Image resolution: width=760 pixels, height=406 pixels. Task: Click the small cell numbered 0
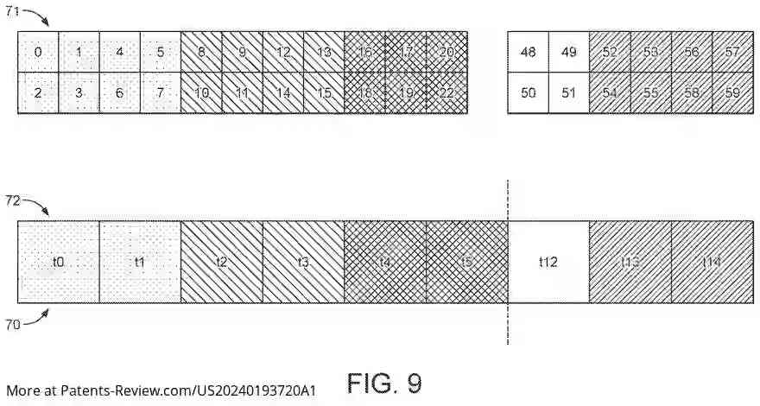click(38, 53)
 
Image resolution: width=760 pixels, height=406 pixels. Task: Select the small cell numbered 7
click(160, 93)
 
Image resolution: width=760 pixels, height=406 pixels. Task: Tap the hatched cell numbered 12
click(283, 53)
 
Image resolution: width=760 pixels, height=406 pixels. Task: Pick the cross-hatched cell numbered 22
click(446, 93)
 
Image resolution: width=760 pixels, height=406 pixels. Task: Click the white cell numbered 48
click(528, 53)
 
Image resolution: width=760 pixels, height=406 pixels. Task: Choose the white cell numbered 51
click(568, 93)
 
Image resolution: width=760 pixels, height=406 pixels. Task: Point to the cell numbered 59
click(732, 93)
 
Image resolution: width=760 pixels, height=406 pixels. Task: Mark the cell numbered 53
click(650, 53)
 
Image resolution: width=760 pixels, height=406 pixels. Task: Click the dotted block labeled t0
click(59, 262)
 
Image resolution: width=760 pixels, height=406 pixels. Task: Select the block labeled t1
click(140, 262)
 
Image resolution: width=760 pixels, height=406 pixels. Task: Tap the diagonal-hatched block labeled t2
click(222, 262)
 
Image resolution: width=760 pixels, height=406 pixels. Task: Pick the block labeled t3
click(303, 262)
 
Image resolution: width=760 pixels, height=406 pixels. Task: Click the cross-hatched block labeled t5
click(466, 262)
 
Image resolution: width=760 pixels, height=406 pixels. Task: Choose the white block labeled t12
click(548, 262)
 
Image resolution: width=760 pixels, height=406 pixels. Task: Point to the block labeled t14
click(711, 262)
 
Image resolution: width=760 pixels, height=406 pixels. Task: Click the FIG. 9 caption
click(384, 382)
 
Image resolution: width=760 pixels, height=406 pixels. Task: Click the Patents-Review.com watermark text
click(161, 390)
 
